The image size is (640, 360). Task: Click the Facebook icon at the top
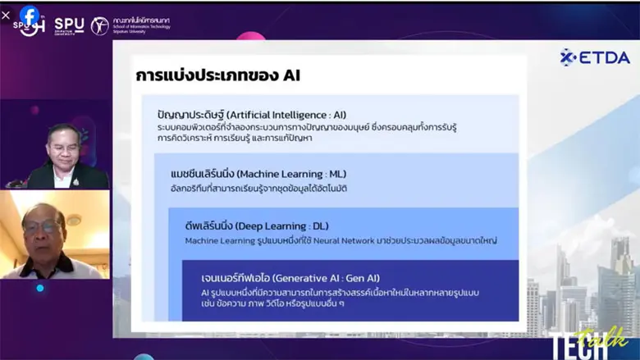(x=30, y=15)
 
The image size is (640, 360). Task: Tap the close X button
(x=7, y=15)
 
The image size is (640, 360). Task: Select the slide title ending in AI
(x=218, y=75)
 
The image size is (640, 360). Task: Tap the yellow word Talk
(x=612, y=335)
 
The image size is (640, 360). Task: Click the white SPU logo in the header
(x=69, y=25)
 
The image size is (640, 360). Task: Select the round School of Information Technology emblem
(x=99, y=25)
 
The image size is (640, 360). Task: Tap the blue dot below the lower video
(x=39, y=288)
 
